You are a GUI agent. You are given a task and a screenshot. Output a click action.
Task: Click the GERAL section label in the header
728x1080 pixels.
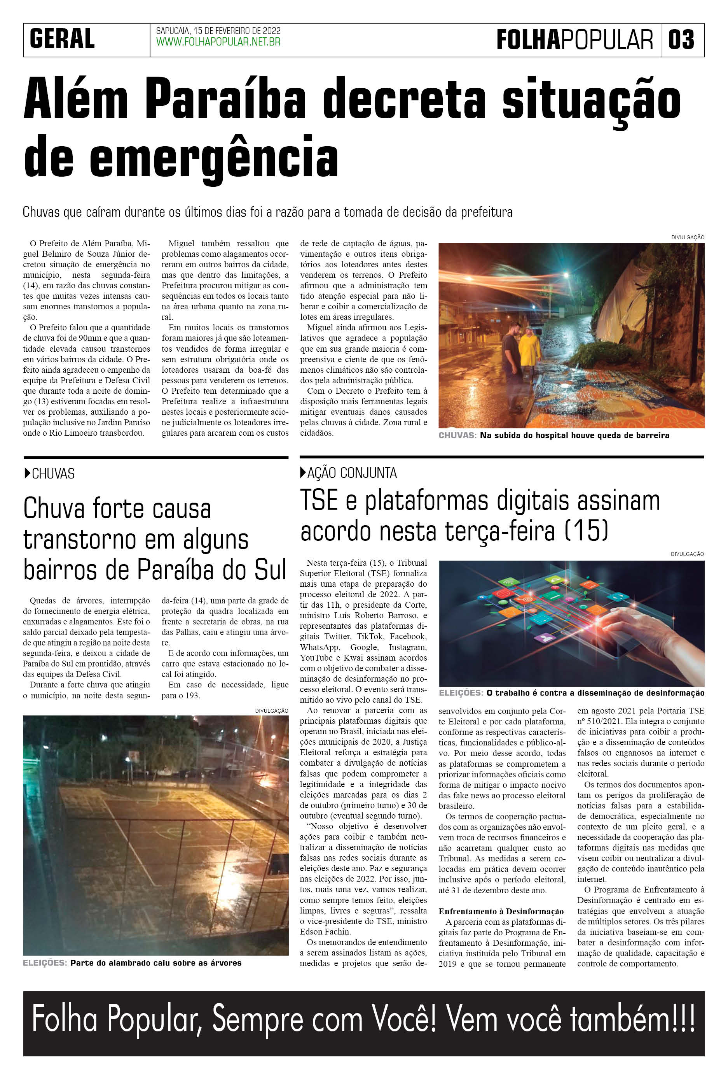click(62, 39)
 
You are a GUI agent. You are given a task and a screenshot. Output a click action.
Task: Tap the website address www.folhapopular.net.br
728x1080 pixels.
click(218, 42)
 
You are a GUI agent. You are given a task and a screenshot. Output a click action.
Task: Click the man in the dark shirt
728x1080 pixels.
click(511, 358)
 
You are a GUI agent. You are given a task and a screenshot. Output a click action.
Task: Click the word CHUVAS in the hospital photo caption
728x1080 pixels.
click(457, 435)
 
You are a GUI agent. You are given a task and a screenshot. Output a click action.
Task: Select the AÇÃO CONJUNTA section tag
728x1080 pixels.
click(351, 473)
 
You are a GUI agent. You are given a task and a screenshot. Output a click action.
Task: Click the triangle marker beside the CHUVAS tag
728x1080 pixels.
click(27, 473)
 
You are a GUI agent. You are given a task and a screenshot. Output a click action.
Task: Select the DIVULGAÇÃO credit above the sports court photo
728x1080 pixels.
click(272, 710)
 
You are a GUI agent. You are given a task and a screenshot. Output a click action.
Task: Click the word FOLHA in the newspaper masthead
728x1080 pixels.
click(528, 40)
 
